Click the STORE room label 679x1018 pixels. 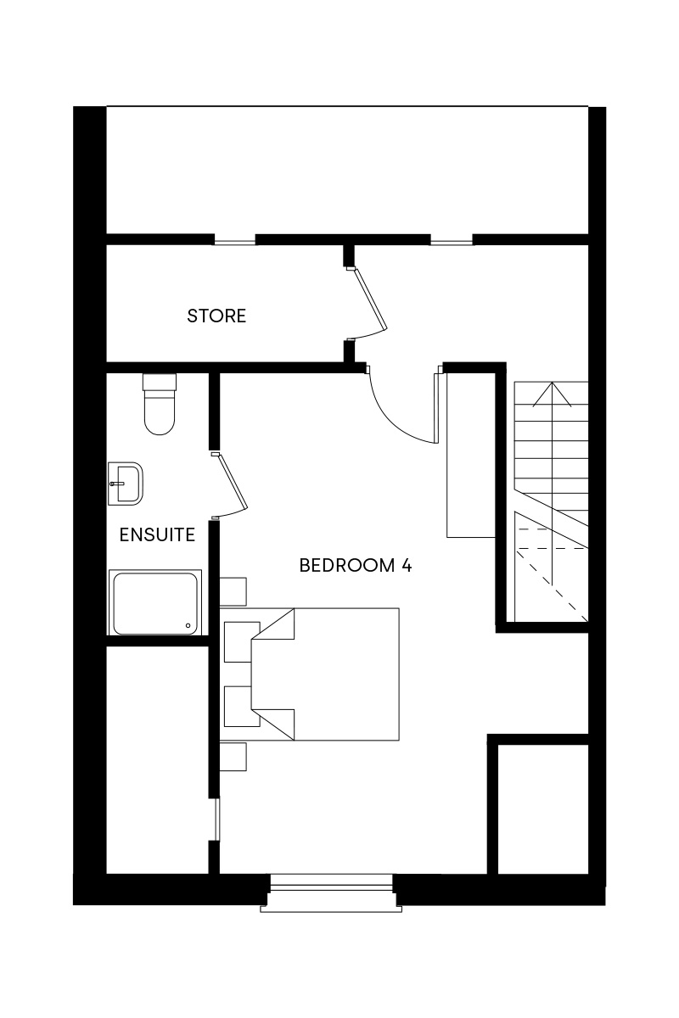tap(216, 316)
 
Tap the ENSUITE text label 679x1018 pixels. tap(157, 534)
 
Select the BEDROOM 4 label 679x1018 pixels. tap(356, 565)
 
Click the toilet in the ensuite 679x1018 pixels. tap(160, 404)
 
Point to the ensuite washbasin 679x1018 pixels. tap(126, 484)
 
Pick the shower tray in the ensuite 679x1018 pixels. tap(155, 602)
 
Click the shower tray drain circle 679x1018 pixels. tap(188, 626)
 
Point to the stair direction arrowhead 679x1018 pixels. tap(553, 394)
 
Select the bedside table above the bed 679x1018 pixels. tap(233, 592)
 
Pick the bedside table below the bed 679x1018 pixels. tap(233, 757)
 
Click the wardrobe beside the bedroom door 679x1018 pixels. tap(471, 455)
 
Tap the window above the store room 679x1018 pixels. tap(234, 239)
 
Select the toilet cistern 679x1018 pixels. tap(160, 382)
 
